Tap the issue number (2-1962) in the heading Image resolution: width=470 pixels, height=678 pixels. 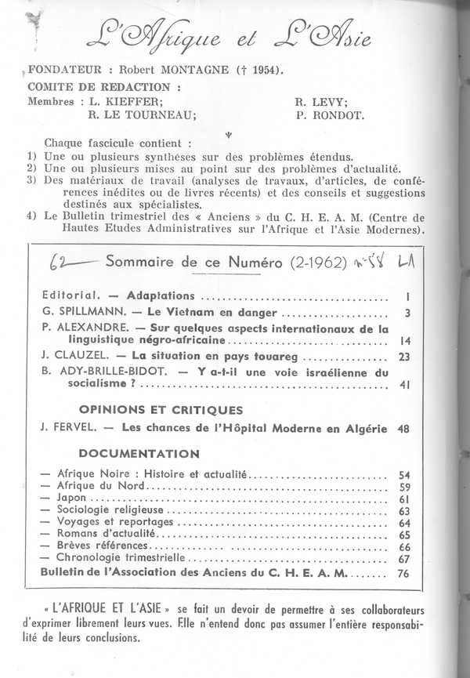[321, 261]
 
